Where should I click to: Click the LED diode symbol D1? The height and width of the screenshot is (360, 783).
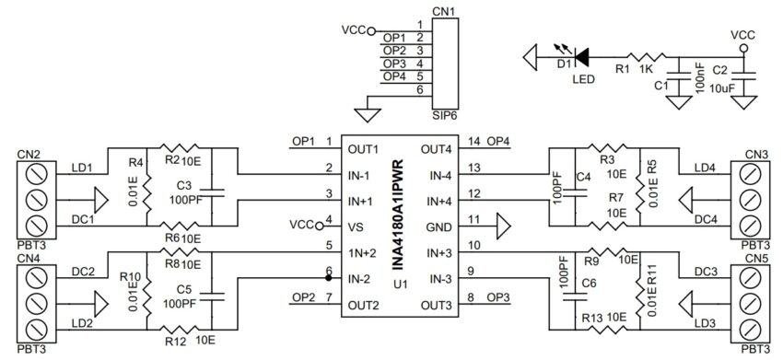click(582, 56)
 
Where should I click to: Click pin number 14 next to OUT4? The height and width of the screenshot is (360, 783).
click(474, 141)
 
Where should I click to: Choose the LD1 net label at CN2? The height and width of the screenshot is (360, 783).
click(81, 168)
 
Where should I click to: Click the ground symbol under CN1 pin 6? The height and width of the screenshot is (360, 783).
click(367, 115)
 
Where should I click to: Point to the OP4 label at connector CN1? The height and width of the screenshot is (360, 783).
click(394, 76)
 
